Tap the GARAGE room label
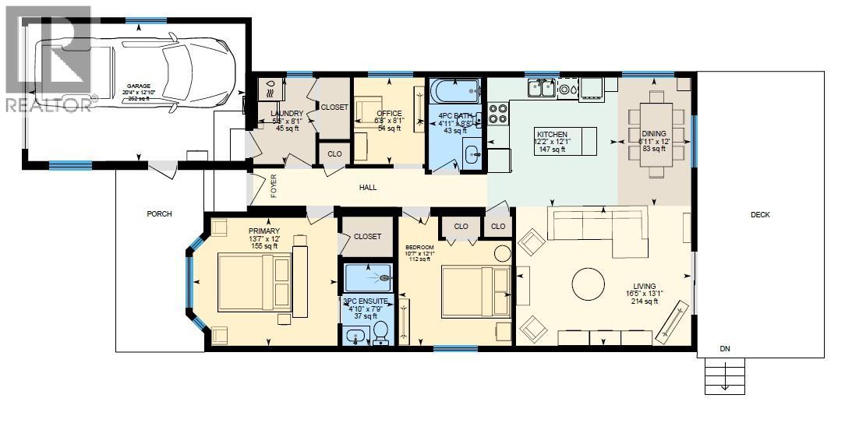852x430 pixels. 139,86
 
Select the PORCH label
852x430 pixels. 158,214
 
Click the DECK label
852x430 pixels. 760,215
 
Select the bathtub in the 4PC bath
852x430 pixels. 455,92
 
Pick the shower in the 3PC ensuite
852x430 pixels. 369,277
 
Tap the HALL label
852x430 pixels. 368,188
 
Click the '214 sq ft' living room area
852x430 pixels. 644,301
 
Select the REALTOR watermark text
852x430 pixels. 48,104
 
